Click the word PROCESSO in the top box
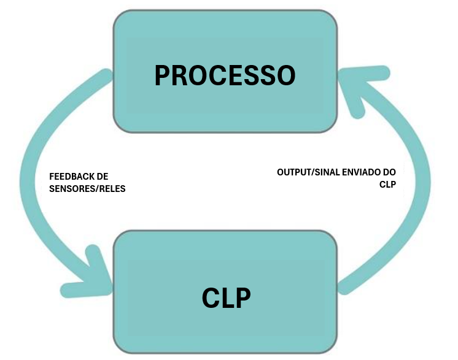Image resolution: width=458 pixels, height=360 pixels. (225, 75)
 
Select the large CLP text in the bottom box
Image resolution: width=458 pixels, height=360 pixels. (226, 298)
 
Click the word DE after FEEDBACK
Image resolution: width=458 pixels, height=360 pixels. (103, 177)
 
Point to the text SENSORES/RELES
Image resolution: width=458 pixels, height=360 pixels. (87, 189)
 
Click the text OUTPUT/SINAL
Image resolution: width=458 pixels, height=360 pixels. (308, 172)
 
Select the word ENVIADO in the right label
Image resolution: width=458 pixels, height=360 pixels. (362, 172)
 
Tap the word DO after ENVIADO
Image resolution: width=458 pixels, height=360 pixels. (389, 172)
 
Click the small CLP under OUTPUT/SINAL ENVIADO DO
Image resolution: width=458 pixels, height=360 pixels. (387, 185)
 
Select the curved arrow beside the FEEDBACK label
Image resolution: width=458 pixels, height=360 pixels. (28, 181)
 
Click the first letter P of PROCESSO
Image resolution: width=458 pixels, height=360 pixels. (162, 75)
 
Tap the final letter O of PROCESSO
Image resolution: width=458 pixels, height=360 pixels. (287, 75)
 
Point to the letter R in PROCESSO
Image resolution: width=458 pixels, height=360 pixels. (179, 75)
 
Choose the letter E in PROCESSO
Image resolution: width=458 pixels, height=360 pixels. (235, 75)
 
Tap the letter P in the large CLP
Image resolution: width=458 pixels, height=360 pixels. (244, 298)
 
